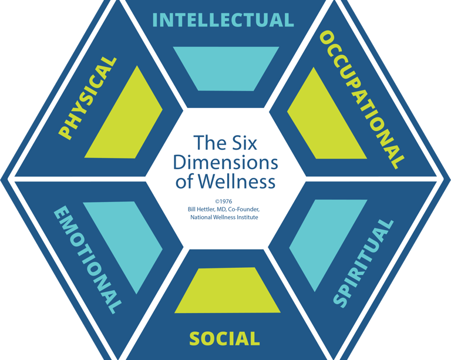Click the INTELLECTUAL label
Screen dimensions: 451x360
[x=223, y=20]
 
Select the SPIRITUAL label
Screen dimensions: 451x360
[x=362, y=263]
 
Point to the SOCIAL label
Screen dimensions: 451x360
[x=224, y=338]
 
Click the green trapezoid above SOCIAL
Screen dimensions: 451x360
[x=226, y=291]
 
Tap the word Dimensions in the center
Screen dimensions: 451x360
[x=226, y=162]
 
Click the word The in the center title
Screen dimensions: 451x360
[x=207, y=143]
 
